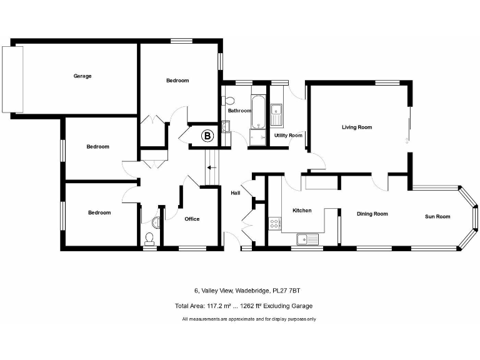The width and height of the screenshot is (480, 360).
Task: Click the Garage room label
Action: coord(82,76)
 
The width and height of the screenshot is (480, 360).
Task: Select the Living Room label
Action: coord(356,127)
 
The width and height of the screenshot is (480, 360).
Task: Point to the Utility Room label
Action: coord(288,136)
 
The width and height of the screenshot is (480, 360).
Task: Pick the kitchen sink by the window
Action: coord(307,238)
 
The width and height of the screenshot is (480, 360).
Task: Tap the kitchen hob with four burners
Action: coord(274,224)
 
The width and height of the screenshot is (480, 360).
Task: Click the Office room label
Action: coord(192,219)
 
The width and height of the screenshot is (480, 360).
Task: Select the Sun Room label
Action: coord(437,217)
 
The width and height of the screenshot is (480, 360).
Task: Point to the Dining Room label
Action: coord(372,214)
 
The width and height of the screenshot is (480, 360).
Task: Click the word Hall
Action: coord(236,193)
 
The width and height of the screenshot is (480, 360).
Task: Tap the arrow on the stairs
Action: coord(212,167)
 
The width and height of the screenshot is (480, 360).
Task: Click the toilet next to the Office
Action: coord(149,237)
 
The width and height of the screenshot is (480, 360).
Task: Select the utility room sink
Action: coord(277,114)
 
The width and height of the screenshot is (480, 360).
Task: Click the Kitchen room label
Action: coord(302,211)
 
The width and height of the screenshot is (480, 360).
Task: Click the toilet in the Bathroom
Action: coord(228,101)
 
